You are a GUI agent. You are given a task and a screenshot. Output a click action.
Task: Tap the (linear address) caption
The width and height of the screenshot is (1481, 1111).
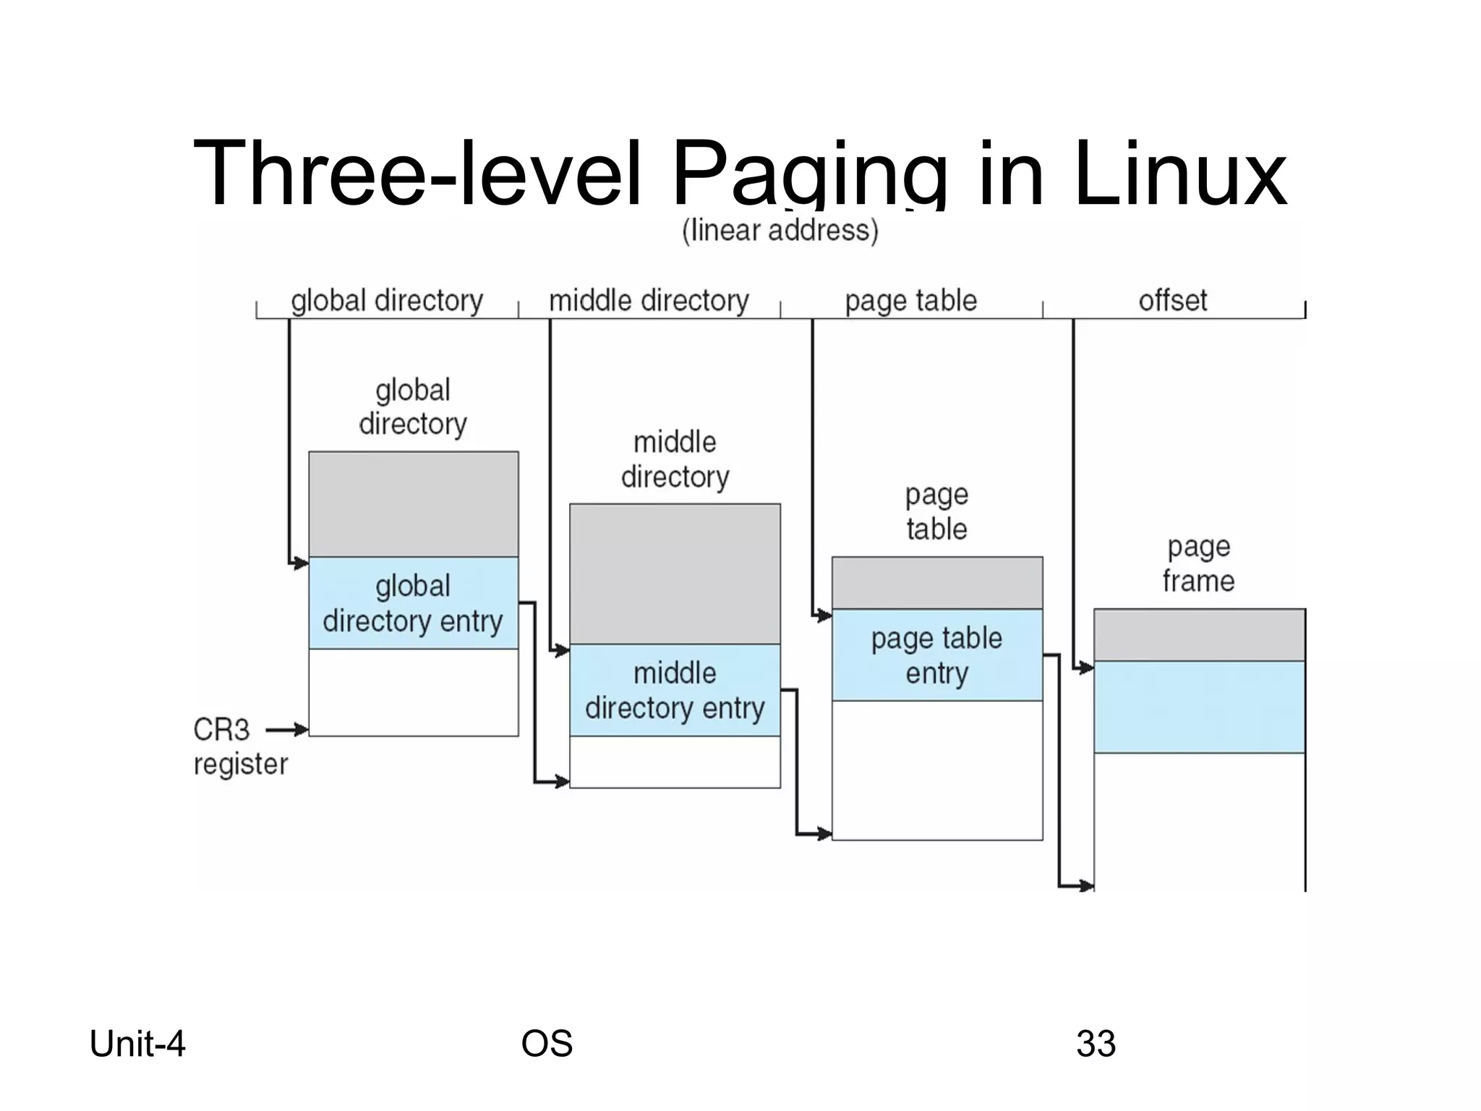pyautogui.click(x=780, y=231)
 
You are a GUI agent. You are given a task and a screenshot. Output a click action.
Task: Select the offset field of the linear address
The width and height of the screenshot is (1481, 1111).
pyautogui.click(x=1173, y=301)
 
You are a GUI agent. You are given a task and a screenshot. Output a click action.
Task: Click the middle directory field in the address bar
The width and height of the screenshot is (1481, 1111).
pyautogui.click(x=649, y=301)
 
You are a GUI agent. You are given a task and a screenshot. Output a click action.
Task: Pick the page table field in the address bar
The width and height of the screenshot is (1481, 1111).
pyautogui.click(x=910, y=301)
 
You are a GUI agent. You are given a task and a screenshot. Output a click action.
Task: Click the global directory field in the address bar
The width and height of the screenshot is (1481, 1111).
pyautogui.click(x=387, y=301)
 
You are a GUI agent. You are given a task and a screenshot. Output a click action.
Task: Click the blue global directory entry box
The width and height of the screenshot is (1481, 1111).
pyautogui.click(x=413, y=603)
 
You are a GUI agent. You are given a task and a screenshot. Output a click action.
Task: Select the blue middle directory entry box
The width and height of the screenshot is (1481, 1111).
pyautogui.click(x=675, y=690)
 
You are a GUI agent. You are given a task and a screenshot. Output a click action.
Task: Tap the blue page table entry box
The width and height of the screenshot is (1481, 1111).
pyautogui.click(x=936, y=655)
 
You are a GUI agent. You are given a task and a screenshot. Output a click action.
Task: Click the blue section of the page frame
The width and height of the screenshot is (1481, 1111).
pyautogui.click(x=1199, y=707)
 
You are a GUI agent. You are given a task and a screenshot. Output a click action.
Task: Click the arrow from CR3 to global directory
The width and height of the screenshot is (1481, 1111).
pyautogui.click(x=287, y=730)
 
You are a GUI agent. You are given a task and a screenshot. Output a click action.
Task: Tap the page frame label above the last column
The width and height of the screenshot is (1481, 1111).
pyautogui.click(x=1198, y=563)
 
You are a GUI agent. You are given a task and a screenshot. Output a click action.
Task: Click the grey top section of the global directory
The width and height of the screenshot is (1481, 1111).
pyautogui.click(x=413, y=504)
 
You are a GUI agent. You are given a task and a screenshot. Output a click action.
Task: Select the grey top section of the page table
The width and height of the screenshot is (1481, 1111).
pyautogui.click(x=936, y=582)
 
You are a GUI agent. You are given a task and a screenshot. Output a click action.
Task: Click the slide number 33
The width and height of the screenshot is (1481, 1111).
pyautogui.click(x=1096, y=1044)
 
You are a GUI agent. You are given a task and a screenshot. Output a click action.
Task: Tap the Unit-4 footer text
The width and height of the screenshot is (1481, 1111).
pyautogui.click(x=137, y=1044)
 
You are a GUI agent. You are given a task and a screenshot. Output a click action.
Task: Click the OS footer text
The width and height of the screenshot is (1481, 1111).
pyautogui.click(x=547, y=1044)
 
